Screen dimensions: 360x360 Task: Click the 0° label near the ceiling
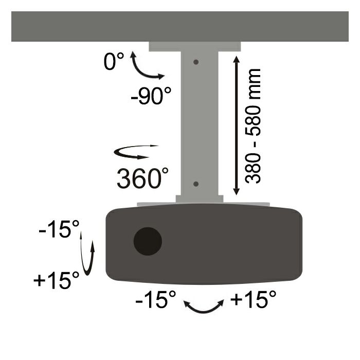[114, 62]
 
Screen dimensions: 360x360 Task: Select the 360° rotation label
[142, 178]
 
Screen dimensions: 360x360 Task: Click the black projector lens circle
[148, 241]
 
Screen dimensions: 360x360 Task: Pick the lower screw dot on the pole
[196, 184]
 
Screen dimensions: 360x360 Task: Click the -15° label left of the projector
[58, 230]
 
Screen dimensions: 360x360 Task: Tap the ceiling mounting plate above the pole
[195, 46]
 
